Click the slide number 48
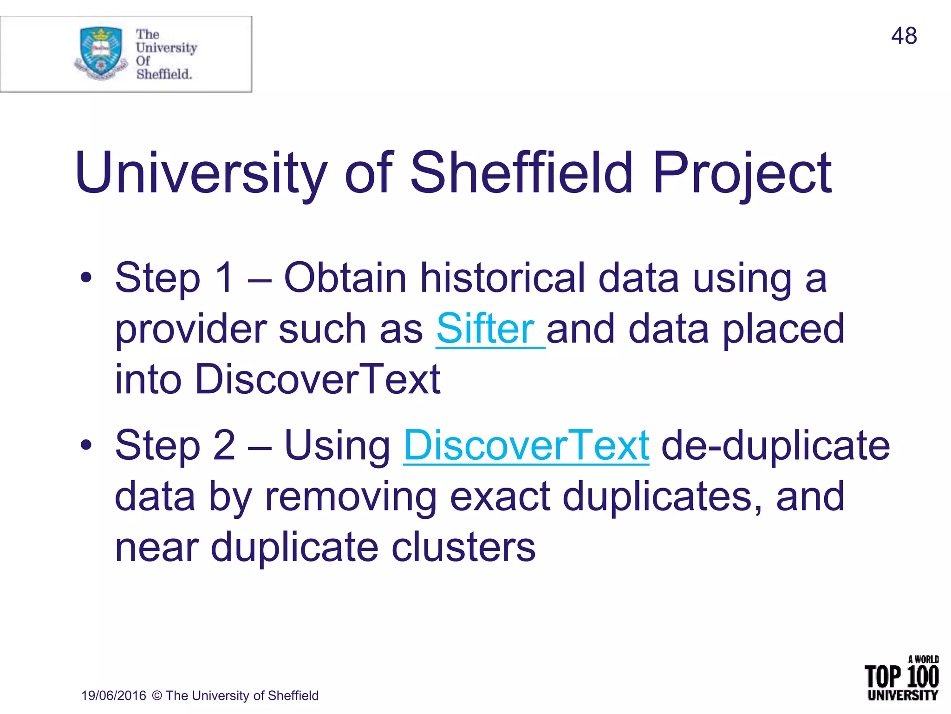point(904,36)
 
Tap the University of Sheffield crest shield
point(101,51)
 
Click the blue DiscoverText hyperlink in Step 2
point(526,445)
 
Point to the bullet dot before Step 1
point(86,278)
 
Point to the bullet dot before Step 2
point(86,445)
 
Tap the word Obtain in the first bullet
point(345,278)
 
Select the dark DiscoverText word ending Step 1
point(318,379)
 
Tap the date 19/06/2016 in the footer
point(114,695)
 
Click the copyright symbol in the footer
point(157,695)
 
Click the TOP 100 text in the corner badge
point(901,677)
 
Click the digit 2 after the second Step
point(224,445)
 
